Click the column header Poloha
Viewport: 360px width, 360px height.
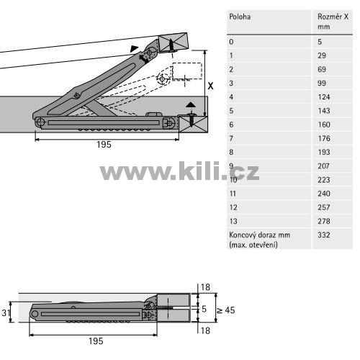[240, 17]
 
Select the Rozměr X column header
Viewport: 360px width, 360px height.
[333, 22]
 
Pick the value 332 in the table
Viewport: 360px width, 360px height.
[324, 235]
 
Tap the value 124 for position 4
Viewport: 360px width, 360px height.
[324, 97]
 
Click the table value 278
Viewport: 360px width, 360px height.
[324, 221]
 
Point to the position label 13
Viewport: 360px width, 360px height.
[233, 221]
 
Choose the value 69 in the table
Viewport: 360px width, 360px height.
[322, 69]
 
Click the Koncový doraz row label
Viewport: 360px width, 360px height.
[259, 240]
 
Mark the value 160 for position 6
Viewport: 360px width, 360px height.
[324, 125]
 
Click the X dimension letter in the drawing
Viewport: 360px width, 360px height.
[210, 86]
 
